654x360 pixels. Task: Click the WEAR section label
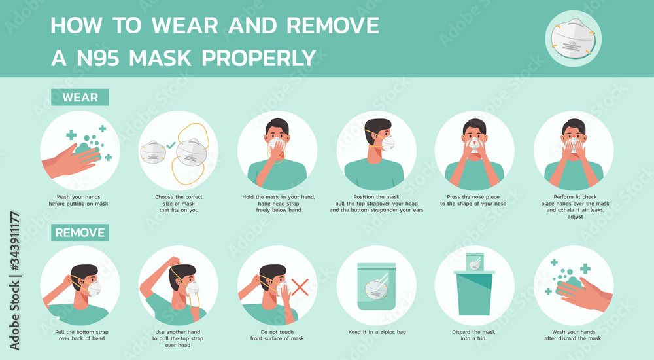tap(80, 98)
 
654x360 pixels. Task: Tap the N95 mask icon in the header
tap(574, 36)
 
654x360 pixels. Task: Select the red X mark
tap(300, 286)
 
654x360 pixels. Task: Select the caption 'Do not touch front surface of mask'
tap(277, 335)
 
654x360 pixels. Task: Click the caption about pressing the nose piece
tap(474, 200)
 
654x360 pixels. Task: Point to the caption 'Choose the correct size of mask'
tap(179, 203)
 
